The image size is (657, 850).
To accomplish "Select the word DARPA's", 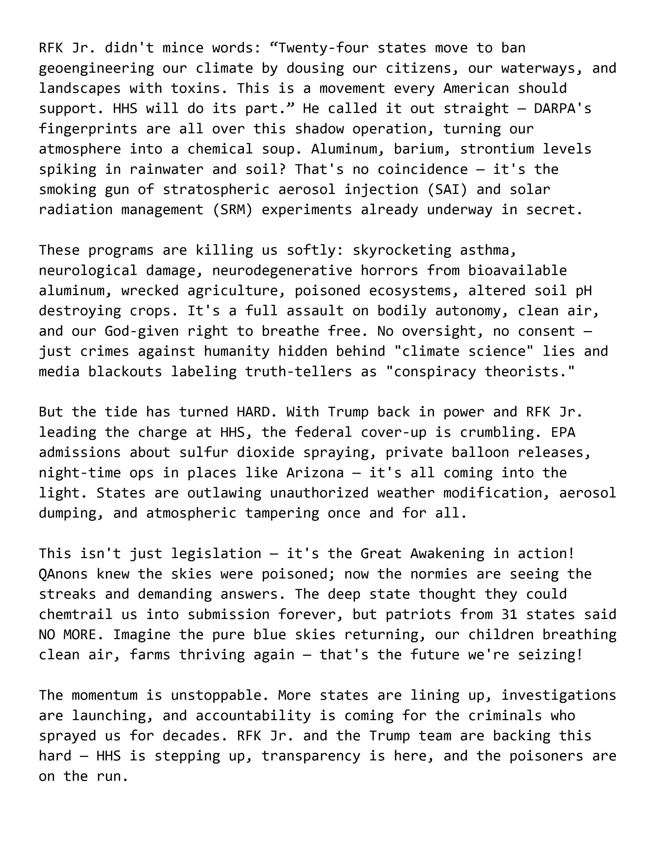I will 563,109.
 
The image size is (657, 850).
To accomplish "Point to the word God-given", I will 142,331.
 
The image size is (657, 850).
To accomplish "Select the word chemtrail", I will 75,614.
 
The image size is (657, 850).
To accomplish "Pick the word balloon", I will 480,453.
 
